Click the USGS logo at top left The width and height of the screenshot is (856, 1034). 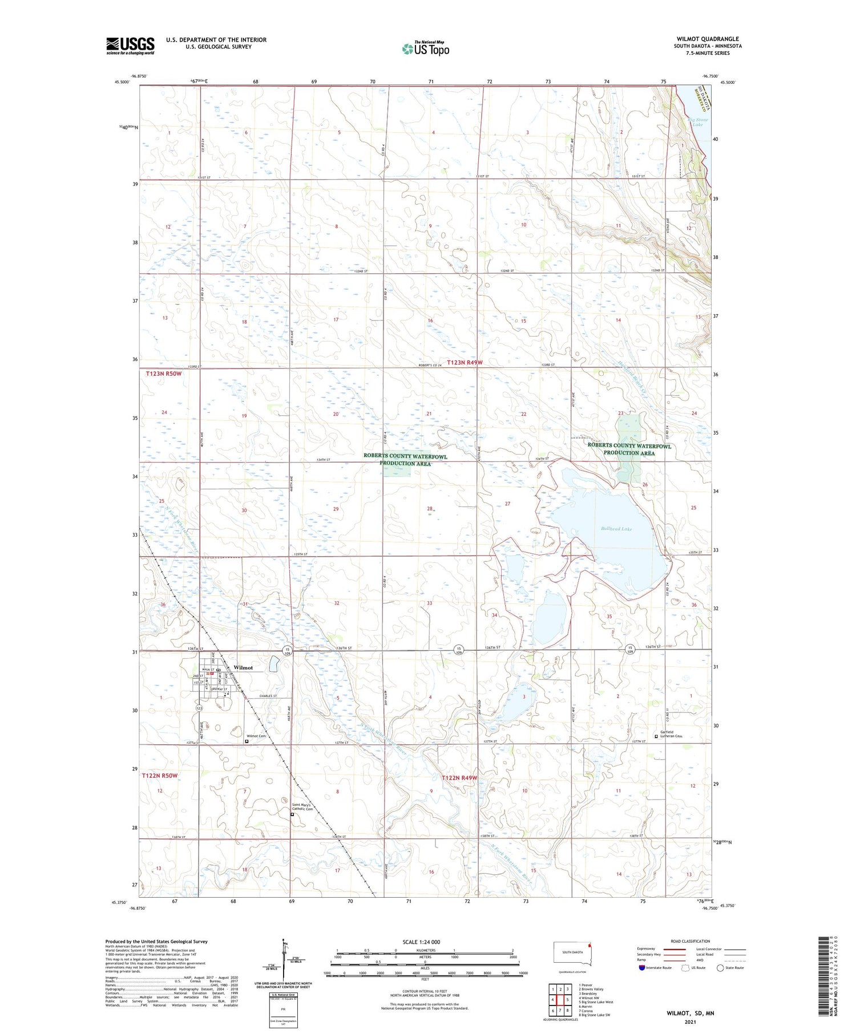tap(130, 46)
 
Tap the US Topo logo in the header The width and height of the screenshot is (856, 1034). tap(426, 49)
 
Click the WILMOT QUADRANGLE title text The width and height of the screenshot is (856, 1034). tap(708, 39)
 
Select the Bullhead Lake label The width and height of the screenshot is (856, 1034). tap(616, 529)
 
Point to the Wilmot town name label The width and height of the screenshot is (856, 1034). tap(243, 667)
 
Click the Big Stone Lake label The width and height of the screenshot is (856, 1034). tap(697, 122)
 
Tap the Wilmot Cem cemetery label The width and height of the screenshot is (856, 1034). tap(256, 736)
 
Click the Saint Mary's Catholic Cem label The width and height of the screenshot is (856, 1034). tap(303, 806)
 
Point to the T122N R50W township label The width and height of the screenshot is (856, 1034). tap(160, 776)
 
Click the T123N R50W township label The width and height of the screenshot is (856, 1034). tap(163, 374)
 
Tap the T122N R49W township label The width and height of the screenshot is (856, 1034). tap(459, 778)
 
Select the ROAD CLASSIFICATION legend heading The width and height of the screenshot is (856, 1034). tap(691, 941)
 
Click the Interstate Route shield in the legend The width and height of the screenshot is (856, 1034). tap(642, 968)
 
